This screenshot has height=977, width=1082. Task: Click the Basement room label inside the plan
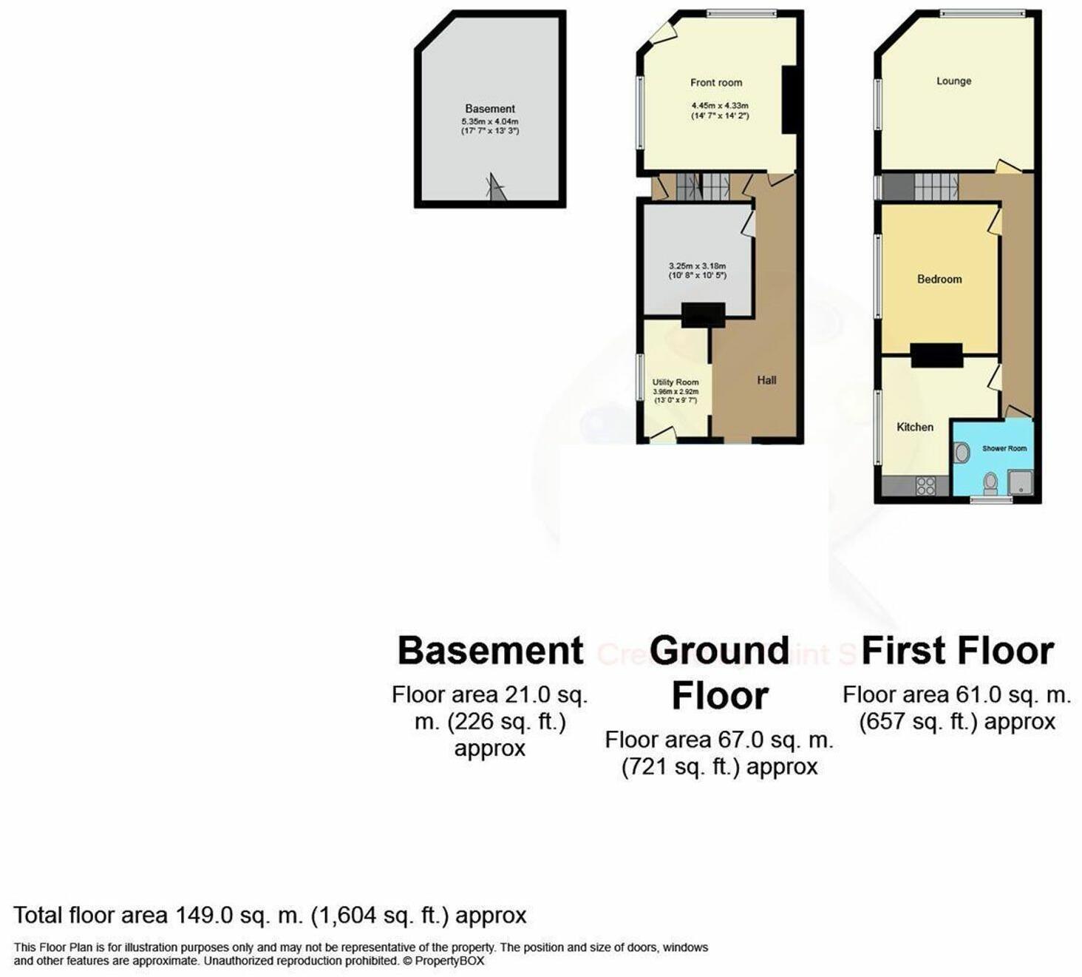[489, 109]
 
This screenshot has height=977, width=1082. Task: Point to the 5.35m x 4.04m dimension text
[489, 121]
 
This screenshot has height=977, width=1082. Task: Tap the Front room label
[715, 83]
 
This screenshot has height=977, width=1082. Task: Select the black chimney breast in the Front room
[789, 100]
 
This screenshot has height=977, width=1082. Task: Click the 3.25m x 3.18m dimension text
[697, 266]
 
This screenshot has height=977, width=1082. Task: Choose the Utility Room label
[675, 382]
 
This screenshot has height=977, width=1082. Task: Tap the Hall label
[766, 380]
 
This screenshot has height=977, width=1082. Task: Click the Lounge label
[953, 81]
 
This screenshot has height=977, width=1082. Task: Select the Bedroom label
[939, 280]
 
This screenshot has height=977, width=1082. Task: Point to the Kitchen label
[914, 427]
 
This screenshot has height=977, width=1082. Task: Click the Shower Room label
[1004, 448]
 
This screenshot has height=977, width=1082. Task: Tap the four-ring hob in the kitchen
[925, 486]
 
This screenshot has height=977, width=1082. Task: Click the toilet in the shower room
[990, 483]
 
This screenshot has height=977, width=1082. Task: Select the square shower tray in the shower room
[1020, 482]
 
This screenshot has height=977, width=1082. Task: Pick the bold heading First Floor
[957, 651]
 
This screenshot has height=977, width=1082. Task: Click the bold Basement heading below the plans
[490, 651]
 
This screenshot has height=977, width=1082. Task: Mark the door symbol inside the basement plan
[496, 189]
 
